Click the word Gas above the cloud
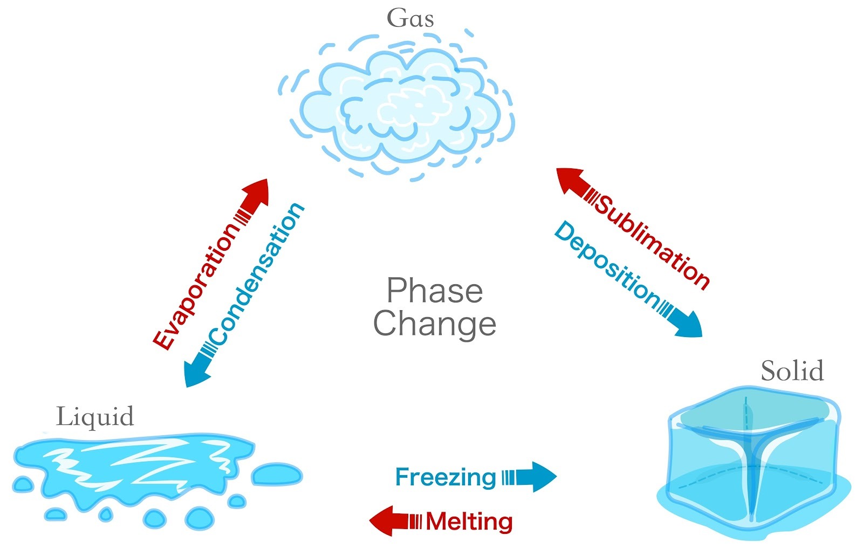tap(410, 18)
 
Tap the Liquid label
tap(95, 417)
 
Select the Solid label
tap(792, 371)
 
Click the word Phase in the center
tap(434, 291)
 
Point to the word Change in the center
tap(434, 324)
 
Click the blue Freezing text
tap(445, 477)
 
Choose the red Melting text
tap(469, 521)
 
